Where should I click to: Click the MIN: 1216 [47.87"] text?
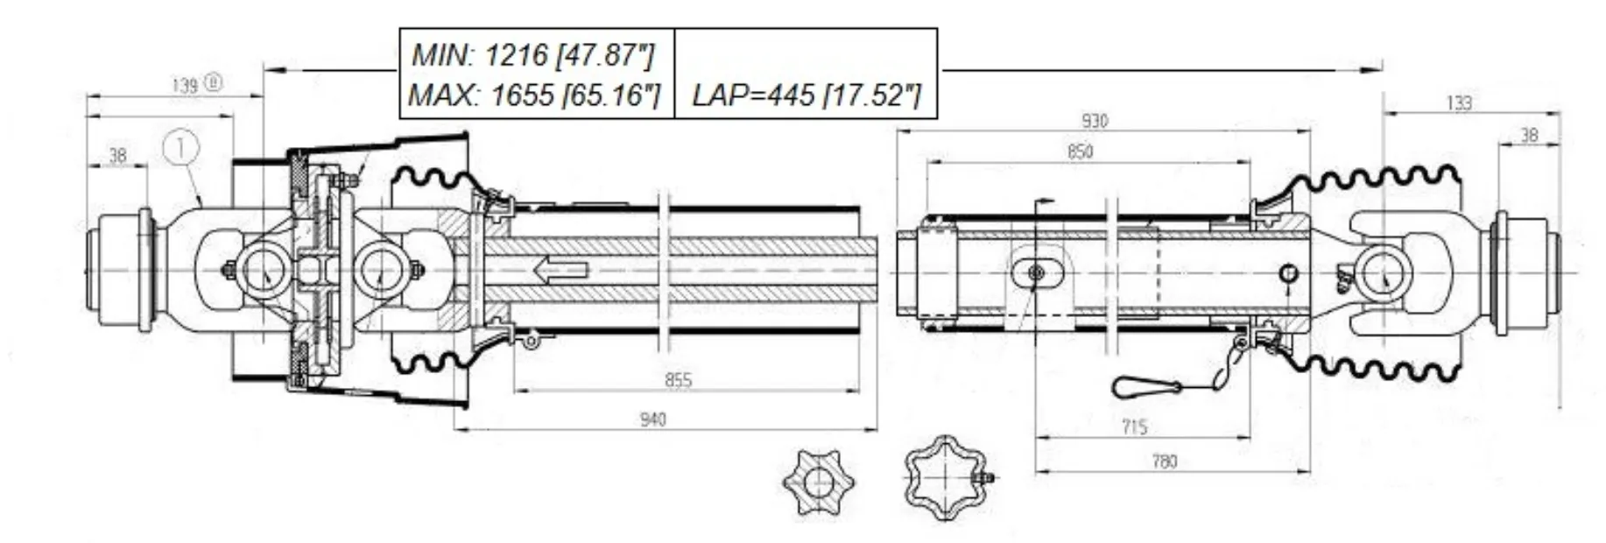coord(532,54)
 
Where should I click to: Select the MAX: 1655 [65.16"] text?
coord(534,95)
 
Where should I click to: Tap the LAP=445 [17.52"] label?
coord(806,95)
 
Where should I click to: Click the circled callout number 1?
coord(181,147)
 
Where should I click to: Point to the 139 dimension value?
coord(186,85)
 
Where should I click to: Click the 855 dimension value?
coord(679,379)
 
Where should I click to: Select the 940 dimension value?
coord(652,419)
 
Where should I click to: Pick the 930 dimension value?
coord(1094,121)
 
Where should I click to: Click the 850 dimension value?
coord(1080,152)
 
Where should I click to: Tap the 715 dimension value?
coord(1134,427)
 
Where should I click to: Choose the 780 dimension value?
coord(1165,461)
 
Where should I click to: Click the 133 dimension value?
coord(1458,103)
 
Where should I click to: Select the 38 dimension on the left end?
coord(117,155)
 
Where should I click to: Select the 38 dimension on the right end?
coord(1529,135)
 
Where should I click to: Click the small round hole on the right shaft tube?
coord(1288,273)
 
